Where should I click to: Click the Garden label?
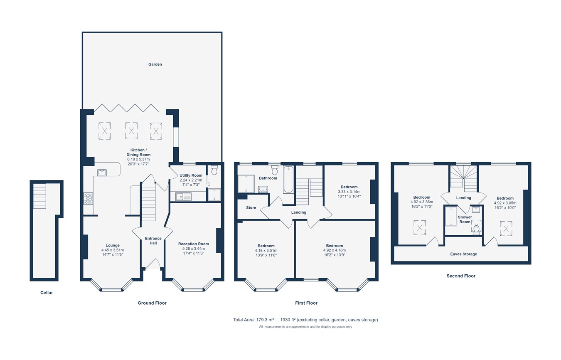[x=155, y=64]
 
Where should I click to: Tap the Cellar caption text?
[x=47, y=293]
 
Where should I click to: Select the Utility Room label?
[x=191, y=175]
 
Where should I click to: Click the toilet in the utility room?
[x=214, y=170]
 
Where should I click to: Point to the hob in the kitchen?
[x=88, y=198]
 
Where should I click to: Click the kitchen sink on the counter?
[x=102, y=173]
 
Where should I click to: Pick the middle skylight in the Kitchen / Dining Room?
[x=132, y=131]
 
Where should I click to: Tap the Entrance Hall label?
[x=153, y=241]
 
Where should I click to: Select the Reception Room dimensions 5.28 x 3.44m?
[x=193, y=249]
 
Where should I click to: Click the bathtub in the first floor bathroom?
[x=288, y=180]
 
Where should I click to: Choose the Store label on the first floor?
[x=251, y=207]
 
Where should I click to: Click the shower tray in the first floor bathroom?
[x=246, y=183]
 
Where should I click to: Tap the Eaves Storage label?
[x=463, y=254]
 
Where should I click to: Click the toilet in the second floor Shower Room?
[x=476, y=229]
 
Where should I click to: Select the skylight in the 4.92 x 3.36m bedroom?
[x=420, y=227]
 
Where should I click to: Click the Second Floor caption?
[x=461, y=276]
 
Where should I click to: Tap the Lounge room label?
[x=112, y=245]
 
